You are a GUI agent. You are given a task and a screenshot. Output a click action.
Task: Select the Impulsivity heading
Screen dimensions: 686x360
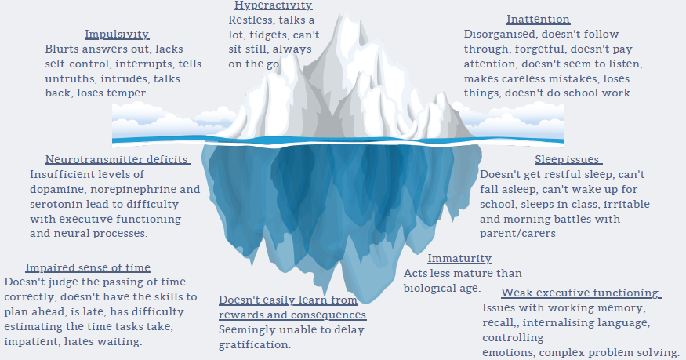tap(117, 34)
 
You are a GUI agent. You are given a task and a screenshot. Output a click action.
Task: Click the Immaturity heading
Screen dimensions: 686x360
tap(459, 259)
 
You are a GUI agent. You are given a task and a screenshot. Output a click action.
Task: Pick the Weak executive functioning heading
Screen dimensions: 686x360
tap(569, 293)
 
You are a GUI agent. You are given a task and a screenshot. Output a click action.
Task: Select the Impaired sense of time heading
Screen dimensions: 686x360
tap(88, 267)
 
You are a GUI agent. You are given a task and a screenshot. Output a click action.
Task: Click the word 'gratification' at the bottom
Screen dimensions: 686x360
tap(255, 345)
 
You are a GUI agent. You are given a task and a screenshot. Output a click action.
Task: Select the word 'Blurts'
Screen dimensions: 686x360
tap(63, 49)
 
